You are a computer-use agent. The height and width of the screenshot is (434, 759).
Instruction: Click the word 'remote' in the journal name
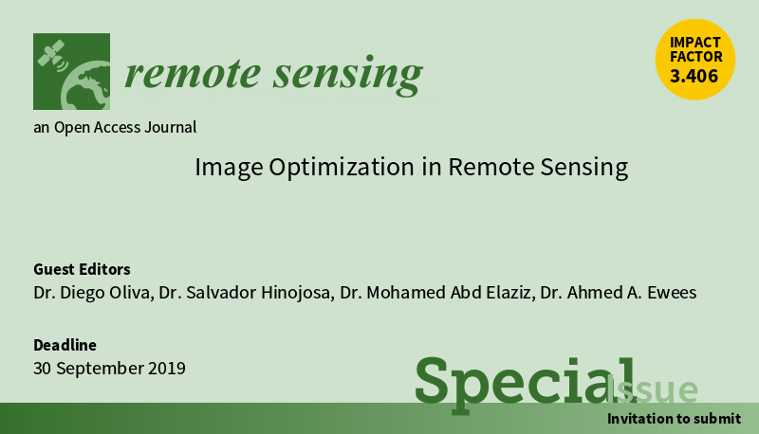point(193,74)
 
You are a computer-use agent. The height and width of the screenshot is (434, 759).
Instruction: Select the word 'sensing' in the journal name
point(347,76)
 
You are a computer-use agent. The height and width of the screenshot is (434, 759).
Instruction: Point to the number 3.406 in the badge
point(694,76)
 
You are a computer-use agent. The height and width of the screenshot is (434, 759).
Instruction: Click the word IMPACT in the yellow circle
point(695,43)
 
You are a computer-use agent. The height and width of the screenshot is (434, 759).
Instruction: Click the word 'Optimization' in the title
point(342,168)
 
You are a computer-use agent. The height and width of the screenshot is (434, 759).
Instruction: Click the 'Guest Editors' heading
point(82,269)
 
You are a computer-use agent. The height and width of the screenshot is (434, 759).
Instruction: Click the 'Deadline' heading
point(65,345)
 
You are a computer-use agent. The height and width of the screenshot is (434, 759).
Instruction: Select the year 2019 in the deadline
point(167,369)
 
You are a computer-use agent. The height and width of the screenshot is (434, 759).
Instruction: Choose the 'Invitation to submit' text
point(674,419)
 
